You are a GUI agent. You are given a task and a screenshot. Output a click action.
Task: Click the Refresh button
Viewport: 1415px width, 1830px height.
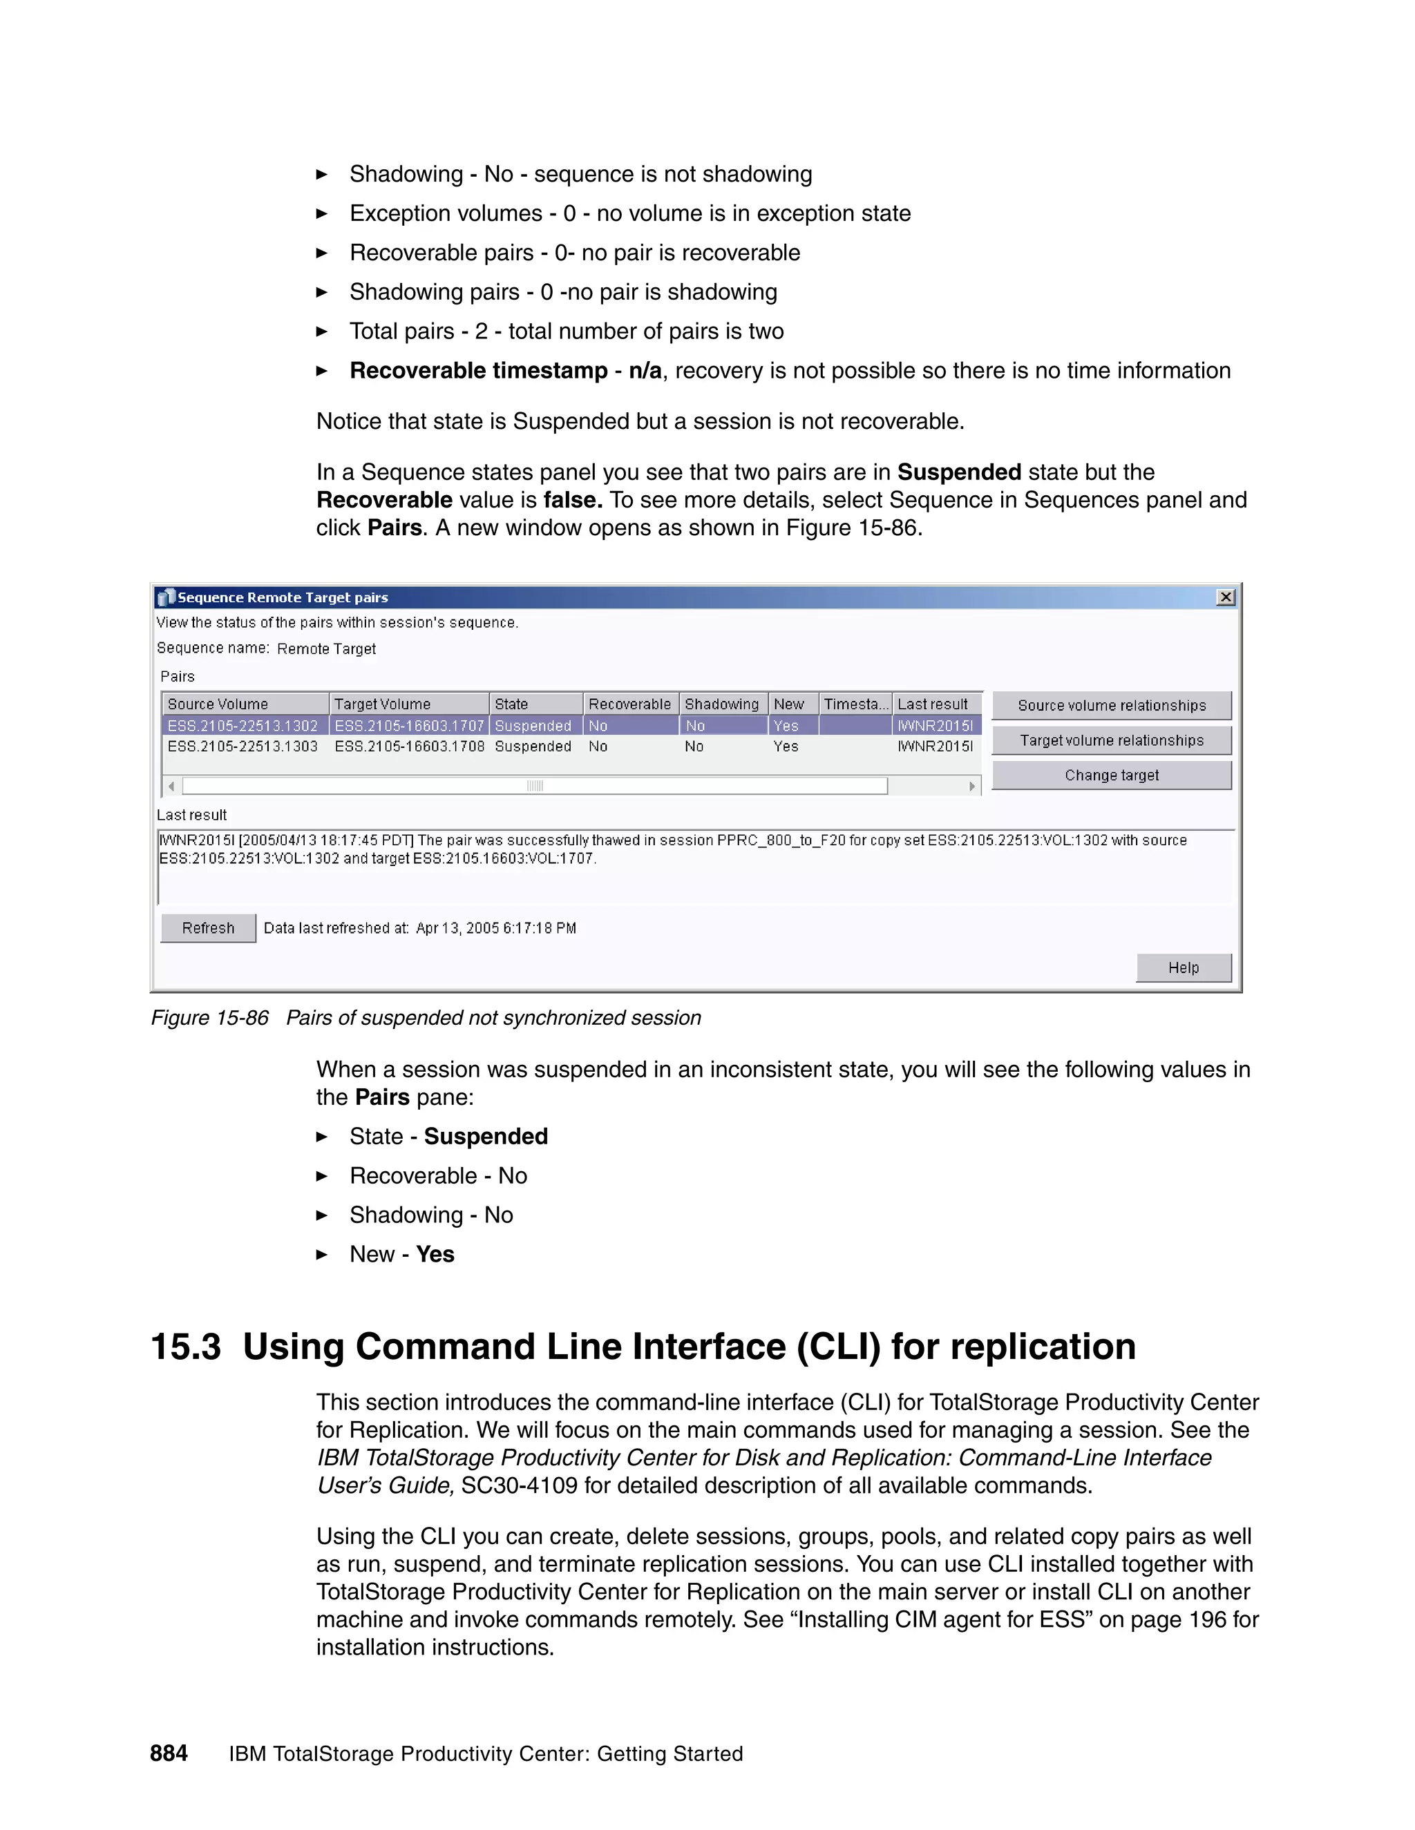pos(208,927)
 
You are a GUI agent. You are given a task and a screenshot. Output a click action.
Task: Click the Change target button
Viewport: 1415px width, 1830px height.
pos(1112,775)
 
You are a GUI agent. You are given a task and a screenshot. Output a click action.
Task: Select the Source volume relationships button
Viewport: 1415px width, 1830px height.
pos(1112,706)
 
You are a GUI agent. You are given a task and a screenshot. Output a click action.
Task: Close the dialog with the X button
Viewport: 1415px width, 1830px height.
pos(1226,597)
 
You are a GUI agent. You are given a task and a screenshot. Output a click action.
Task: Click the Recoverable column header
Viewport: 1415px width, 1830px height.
pos(629,704)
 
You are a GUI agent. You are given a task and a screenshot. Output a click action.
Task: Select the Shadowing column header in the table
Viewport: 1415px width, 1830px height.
pos(722,704)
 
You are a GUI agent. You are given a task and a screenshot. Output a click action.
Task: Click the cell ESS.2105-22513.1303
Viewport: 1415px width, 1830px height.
pos(243,747)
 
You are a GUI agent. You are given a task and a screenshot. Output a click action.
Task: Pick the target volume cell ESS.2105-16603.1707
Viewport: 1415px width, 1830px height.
pos(409,726)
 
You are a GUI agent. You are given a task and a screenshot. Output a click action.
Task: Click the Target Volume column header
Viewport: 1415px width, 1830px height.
pos(383,704)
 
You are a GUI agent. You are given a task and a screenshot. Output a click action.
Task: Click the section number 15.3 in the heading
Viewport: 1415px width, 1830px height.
pos(186,1347)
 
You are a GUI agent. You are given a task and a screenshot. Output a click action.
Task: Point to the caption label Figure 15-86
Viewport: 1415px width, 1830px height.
pos(209,1018)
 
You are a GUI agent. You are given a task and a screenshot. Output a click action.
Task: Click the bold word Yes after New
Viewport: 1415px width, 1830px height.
pos(435,1254)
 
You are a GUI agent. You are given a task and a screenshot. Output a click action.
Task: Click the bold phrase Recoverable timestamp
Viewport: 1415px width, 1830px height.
pos(479,370)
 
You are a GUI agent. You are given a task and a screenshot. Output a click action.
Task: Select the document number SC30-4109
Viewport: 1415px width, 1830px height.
pos(519,1485)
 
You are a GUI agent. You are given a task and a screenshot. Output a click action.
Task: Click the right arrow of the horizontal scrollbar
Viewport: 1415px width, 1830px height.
pos(971,786)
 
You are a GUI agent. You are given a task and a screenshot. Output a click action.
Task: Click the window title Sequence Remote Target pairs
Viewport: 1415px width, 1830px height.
pos(283,597)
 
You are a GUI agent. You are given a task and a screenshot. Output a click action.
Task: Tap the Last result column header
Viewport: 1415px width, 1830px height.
pos(932,704)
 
